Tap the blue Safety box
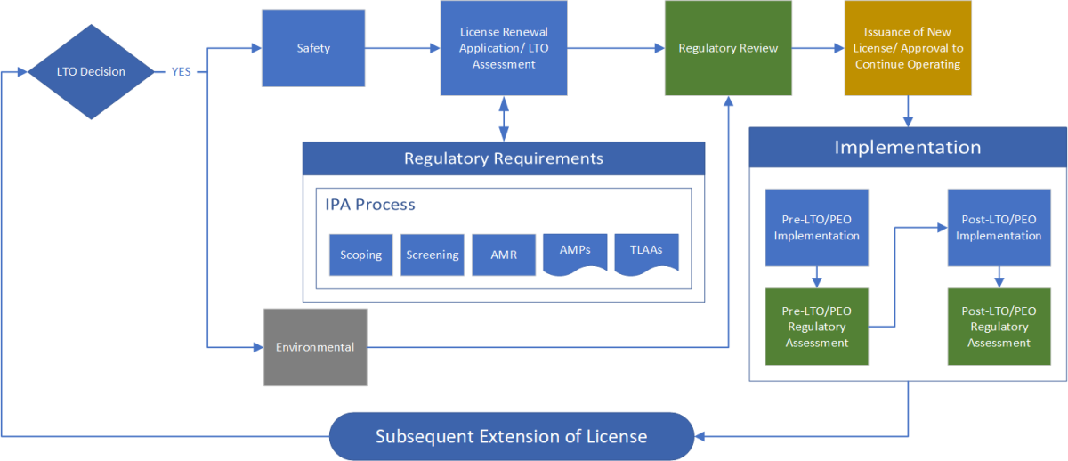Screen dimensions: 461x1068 (313, 48)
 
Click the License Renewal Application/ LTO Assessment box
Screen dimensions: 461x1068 (504, 48)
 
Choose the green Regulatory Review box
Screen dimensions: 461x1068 (728, 48)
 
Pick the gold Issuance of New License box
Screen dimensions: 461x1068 (908, 48)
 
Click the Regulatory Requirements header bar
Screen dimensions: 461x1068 (504, 158)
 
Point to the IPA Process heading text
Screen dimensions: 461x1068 (370, 205)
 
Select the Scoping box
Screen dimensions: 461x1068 (360, 255)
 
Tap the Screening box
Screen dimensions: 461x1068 (433, 255)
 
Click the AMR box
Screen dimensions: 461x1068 (504, 255)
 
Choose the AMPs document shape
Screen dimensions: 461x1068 (575, 254)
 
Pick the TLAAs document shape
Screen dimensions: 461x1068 (647, 254)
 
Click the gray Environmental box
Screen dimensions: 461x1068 (315, 347)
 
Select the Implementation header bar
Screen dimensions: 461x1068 (907, 148)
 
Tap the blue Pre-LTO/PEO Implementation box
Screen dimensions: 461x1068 (816, 228)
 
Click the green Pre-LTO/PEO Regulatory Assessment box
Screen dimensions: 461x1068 (816, 327)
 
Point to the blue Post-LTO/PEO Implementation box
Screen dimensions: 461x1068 (1001, 228)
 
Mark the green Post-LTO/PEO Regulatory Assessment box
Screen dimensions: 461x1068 (1001, 327)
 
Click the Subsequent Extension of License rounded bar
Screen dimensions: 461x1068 (511, 436)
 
